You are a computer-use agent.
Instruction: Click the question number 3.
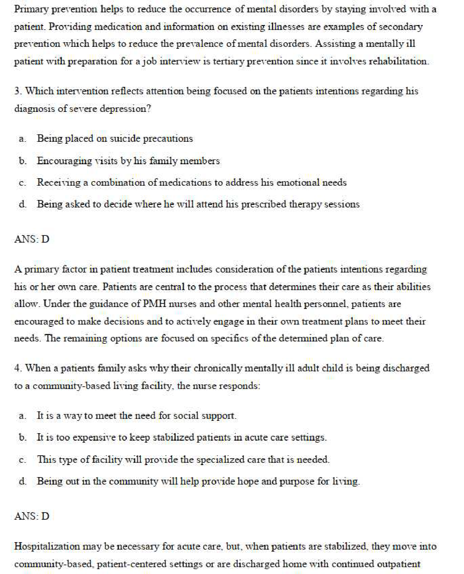point(18,91)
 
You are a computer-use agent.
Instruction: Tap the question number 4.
point(18,368)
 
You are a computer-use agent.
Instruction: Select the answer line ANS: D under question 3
point(32,239)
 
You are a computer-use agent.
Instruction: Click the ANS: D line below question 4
point(32,516)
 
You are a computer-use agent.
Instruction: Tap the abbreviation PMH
point(154,304)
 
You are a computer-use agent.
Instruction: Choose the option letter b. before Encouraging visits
point(22,161)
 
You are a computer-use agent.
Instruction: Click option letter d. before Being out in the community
point(22,481)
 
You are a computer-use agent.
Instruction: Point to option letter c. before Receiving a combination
point(22,183)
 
